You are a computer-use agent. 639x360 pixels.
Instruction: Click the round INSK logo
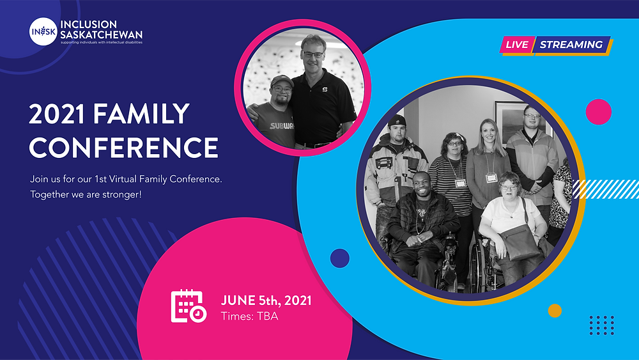coord(43,31)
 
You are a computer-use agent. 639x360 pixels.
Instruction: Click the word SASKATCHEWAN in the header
coord(102,35)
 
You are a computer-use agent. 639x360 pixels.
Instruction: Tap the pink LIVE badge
coord(517,44)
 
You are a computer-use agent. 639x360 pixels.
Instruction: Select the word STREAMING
coord(571,44)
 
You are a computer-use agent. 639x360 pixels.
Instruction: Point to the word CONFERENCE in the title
coord(123,147)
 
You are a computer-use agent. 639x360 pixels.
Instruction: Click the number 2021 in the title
coord(57,114)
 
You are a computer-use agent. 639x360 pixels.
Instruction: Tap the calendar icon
coord(189,306)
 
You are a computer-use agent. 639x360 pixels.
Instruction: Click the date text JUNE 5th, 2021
coord(266,301)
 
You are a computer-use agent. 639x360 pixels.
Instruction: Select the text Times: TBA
coord(249,317)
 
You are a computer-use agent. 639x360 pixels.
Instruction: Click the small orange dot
coord(555,311)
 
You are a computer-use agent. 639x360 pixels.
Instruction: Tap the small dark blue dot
coord(340,258)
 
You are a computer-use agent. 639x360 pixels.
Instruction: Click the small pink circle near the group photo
coord(598,112)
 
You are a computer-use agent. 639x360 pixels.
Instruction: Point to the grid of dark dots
coord(602,325)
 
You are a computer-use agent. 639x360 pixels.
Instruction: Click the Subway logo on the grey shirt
coord(282,126)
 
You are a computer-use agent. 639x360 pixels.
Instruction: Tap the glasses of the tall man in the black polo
coord(313,54)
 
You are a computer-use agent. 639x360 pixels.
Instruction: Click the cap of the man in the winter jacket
coord(397,121)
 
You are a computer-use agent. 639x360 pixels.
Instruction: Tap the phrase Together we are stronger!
coord(86,194)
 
